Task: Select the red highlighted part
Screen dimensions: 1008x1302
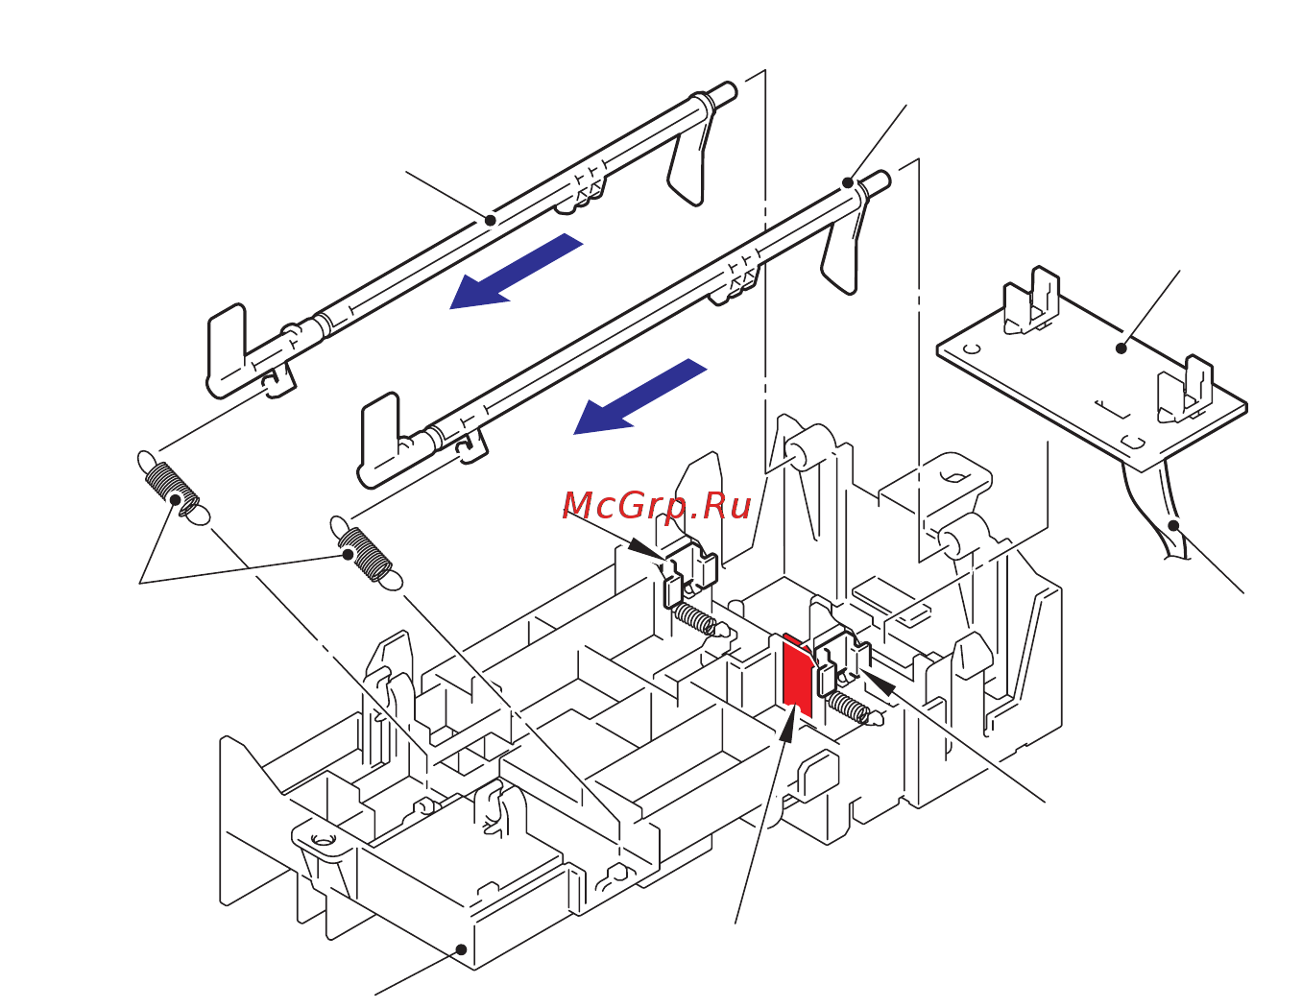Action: (x=797, y=676)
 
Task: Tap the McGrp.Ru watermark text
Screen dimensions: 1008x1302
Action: (x=657, y=506)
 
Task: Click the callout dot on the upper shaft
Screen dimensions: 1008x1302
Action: (x=491, y=220)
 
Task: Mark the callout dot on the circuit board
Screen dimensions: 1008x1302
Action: (x=1121, y=348)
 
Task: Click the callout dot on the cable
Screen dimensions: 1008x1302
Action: (x=1173, y=525)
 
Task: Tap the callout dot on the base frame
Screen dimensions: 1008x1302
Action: (x=461, y=949)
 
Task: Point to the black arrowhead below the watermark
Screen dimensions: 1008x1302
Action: (x=644, y=548)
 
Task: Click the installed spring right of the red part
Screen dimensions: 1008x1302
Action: (x=849, y=708)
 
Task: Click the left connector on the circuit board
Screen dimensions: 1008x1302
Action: (x=1031, y=301)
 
